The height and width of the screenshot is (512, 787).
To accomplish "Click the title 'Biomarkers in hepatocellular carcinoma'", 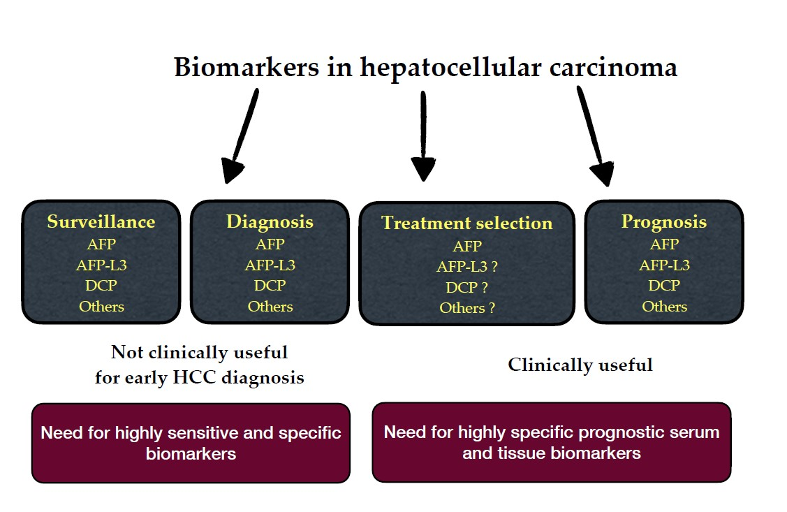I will coord(425,68).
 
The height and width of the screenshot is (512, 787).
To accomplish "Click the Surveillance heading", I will coord(101,222).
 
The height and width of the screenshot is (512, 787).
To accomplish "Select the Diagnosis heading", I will coord(270,222).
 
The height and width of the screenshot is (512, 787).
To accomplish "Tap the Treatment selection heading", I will coord(466,224).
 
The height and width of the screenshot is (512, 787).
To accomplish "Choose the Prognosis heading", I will coord(663,222).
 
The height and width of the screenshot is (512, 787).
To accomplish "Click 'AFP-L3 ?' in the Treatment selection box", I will coord(467,267).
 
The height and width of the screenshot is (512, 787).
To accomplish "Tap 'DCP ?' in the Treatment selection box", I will coord(467,287).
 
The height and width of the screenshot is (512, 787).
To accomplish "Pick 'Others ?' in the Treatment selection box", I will coord(467,308).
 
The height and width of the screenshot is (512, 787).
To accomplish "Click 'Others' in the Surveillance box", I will coord(101,307).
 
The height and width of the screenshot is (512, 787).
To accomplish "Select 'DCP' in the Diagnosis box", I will coord(270,286).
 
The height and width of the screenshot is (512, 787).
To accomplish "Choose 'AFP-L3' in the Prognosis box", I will coord(664,265).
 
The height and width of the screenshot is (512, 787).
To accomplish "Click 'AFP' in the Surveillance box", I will coord(101,244).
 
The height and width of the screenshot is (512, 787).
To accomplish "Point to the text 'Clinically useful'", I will coord(580,365).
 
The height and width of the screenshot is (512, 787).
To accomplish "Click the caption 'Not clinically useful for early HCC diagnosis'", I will coord(200,365).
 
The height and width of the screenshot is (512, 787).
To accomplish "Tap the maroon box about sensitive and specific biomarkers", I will coord(191,443).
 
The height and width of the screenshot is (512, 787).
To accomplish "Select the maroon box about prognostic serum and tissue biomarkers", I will coord(551,442).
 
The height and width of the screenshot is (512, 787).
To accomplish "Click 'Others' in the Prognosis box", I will coord(664,307).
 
